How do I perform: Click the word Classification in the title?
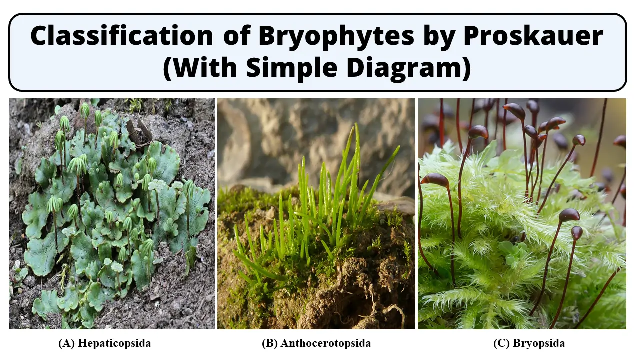pos(122,36)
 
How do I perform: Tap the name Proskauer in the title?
pos(533,36)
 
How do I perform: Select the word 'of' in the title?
pos(237,36)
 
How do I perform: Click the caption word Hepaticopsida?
pos(114,343)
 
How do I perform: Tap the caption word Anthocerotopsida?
pos(326,343)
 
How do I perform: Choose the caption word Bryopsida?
pos(539,343)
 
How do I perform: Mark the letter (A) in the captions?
pos(67,343)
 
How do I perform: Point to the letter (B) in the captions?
pos(269,343)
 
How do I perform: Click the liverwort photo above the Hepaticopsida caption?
pos(112,214)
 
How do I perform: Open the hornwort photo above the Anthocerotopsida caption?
pos(316,214)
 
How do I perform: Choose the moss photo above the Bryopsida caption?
pos(522,214)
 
